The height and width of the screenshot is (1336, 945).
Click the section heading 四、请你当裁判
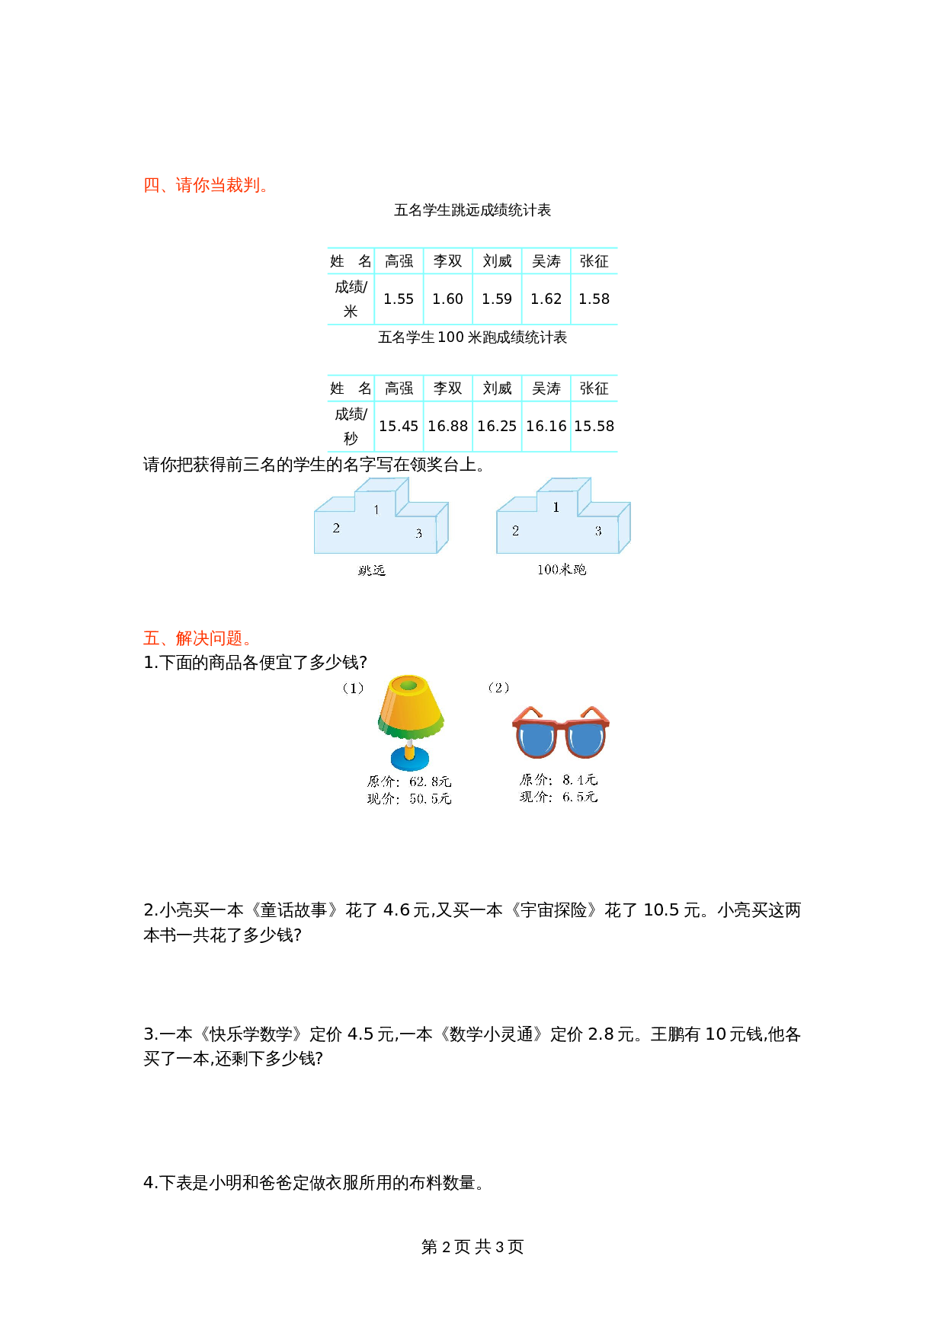coord(205,185)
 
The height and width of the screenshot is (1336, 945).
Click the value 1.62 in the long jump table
coord(546,299)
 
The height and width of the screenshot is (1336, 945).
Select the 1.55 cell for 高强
coord(399,299)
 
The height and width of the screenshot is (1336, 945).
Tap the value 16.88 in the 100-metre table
coord(447,427)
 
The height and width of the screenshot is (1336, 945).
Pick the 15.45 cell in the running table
coord(399,427)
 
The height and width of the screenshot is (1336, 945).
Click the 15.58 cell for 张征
coord(594,427)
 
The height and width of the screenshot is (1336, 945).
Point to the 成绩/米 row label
coord(351,299)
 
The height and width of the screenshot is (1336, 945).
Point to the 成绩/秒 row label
coord(351,426)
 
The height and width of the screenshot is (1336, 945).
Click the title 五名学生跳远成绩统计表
coord(472,210)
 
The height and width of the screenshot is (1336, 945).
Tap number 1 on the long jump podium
coord(376,510)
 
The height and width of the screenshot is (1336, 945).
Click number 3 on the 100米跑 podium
coord(598,531)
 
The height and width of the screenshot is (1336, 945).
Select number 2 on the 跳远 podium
coord(336,528)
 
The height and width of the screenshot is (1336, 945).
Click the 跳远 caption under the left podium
coord(372,571)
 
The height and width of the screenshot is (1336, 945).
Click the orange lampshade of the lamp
coord(410,705)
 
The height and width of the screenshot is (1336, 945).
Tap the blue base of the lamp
coord(409,759)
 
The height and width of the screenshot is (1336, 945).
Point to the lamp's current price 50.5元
coord(430,799)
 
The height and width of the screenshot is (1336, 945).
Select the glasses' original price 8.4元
coord(579,780)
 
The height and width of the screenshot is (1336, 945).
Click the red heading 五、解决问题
coord(197,638)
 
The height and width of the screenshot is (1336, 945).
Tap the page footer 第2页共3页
coord(472,1247)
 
